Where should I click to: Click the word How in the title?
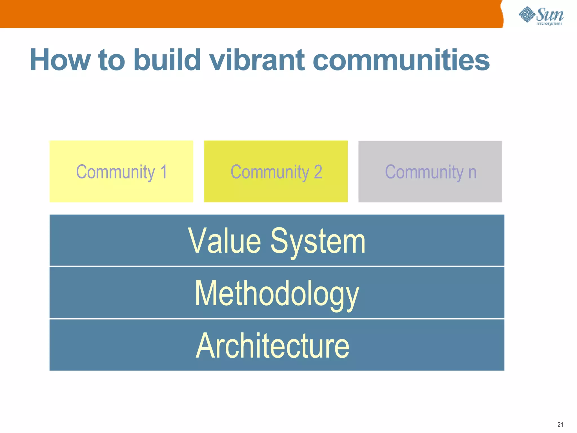pyautogui.click(x=60, y=60)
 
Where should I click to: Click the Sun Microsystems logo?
pyautogui.click(x=541, y=16)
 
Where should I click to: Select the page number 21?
pyautogui.click(x=560, y=425)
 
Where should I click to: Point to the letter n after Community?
pyautogui.click(x=472, y=173)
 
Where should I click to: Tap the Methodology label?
pyautogui.click(x=277, y=294)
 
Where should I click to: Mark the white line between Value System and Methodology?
pyautogui.click(x=277, y=266)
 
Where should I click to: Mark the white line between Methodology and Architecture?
pyautogui.click(x=277, y=319)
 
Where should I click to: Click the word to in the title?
pyautogui.click(x=112, y=60)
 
